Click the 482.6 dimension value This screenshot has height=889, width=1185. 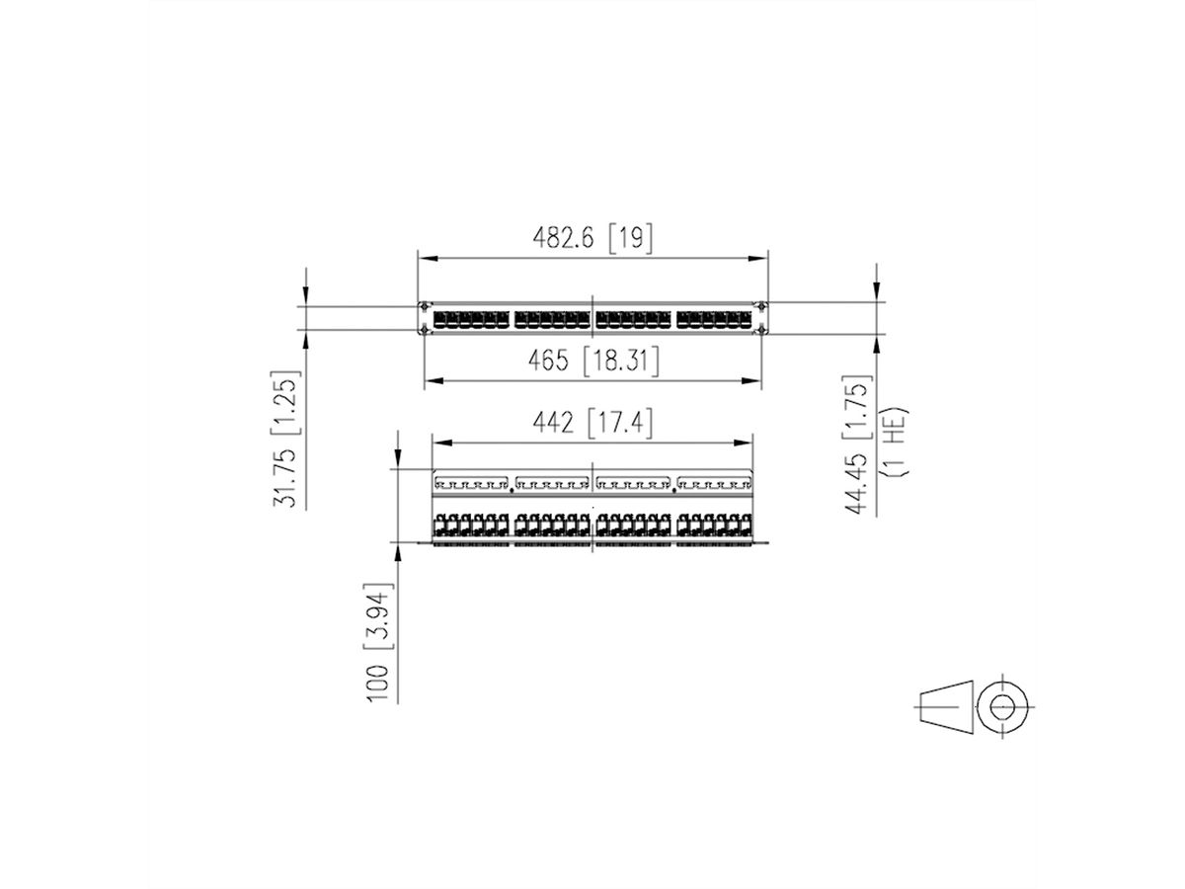coord(566,238)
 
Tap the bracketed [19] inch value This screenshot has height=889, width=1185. coord(629,238)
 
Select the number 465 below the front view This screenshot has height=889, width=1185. coord(548,362)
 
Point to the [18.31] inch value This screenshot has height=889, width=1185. coord(620,362)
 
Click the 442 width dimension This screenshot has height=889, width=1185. coord(553,423)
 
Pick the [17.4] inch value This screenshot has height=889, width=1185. coord(619,423)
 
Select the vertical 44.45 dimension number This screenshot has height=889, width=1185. coord(859,475)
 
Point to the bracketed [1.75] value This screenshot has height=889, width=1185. coord(859,402)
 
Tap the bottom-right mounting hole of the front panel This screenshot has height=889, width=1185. coord(759,331)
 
